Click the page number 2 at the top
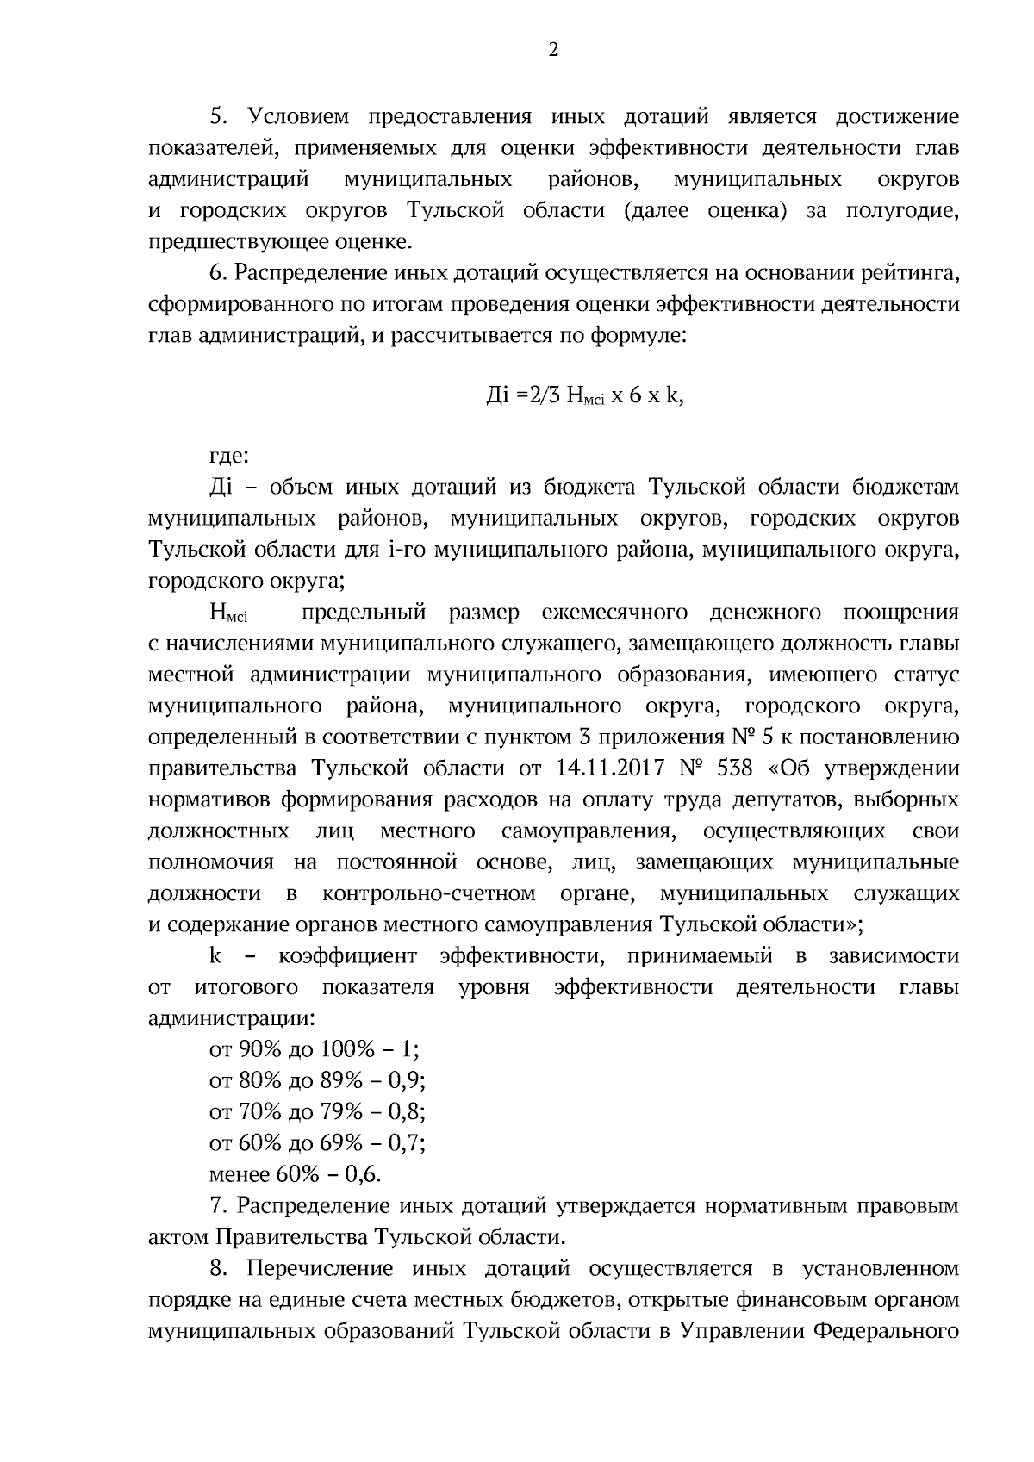(553, 51)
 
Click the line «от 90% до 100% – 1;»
(315, 1049)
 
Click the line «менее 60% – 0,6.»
(296, 1174)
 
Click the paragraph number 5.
(218, 116)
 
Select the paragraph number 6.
(218, 273)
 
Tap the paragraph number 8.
(218, 1268)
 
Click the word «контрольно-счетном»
(429, 893)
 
